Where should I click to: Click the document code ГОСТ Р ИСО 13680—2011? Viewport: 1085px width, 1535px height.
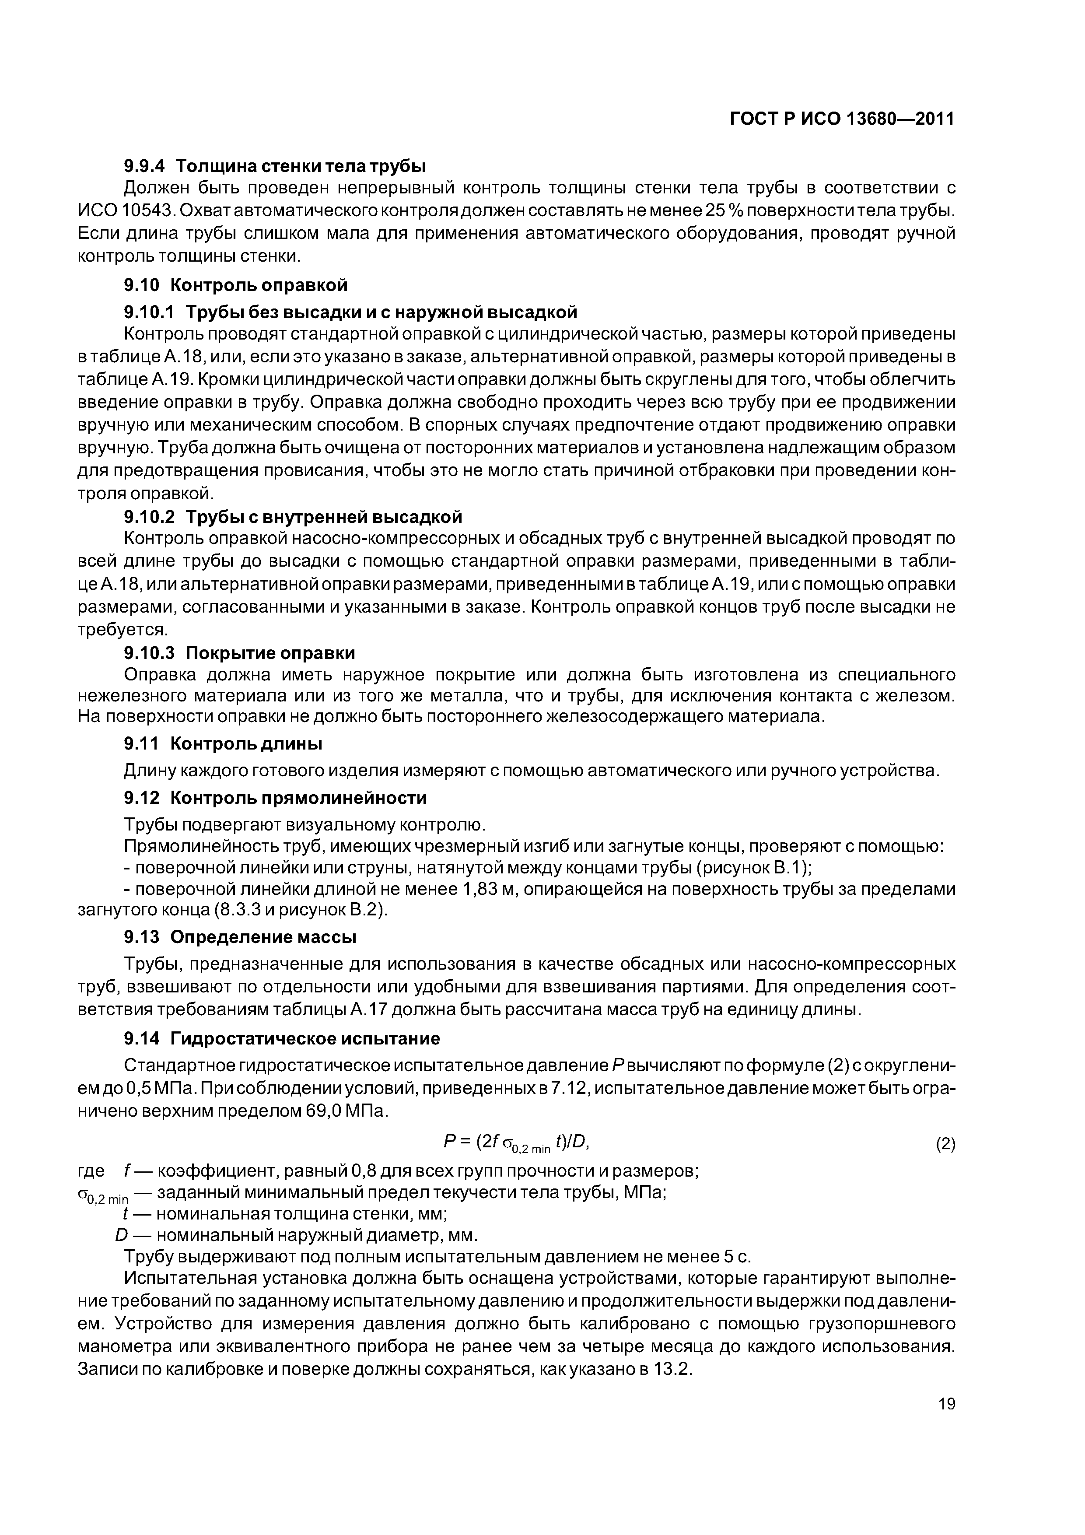point(841,119)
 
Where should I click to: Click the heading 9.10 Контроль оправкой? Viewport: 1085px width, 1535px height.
point(235,285)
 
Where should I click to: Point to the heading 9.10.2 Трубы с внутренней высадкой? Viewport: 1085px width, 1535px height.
point(293,517)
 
